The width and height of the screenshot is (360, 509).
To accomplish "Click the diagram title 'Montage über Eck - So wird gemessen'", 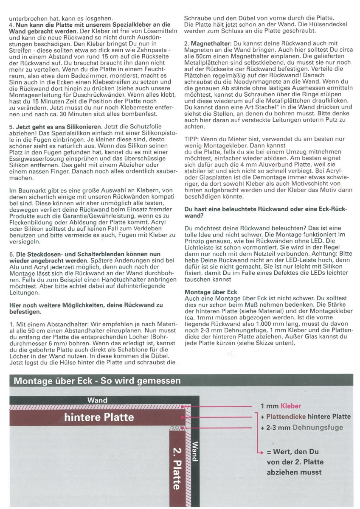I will (97, 380).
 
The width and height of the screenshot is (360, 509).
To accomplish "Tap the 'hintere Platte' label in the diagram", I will (99, 417).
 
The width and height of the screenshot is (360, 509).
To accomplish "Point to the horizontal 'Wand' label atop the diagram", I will (97, 400).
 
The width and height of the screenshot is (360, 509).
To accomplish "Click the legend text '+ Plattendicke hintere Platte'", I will (306, 417).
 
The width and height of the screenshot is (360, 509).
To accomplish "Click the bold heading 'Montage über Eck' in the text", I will (211, 292).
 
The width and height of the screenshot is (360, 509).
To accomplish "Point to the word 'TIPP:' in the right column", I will (192, 139).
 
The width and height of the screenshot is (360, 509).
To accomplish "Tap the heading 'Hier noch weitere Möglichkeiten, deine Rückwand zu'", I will (86, 305).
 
